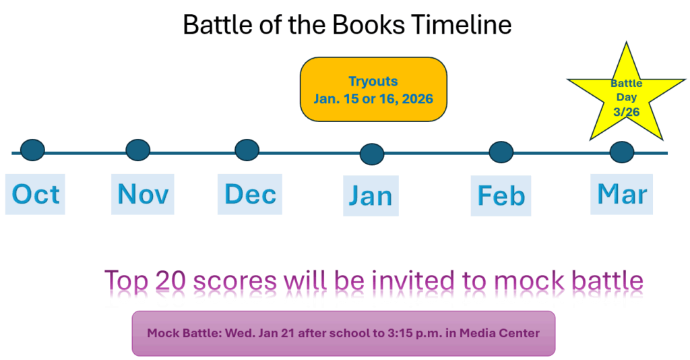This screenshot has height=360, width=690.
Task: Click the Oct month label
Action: (36, 194)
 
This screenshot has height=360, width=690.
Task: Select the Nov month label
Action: (143, 193)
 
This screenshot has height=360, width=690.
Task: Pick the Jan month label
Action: (371, 196)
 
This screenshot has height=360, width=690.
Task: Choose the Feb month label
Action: (501, 196)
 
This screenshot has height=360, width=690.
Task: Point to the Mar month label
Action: (622, 193)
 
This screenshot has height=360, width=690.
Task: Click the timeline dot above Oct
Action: (32, 150)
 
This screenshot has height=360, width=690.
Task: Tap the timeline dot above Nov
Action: (137, 150)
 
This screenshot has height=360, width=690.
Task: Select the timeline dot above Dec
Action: (247, 150)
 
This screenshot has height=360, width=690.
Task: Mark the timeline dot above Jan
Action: (372, 154)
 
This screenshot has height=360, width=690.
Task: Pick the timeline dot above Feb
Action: (501, 152)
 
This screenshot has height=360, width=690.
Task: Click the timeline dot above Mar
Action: (622, 152)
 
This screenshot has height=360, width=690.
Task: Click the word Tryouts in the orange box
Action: (373, 82)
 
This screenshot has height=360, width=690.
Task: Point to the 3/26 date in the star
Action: (626, 112)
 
